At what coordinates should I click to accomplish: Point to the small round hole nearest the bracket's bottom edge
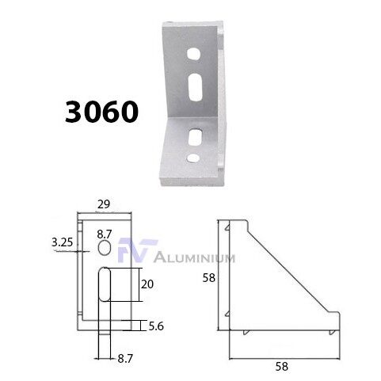(x=193, y=158)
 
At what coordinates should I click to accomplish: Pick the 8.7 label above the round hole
(x=104, y=235)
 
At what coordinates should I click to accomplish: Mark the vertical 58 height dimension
(x=206, y=276)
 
